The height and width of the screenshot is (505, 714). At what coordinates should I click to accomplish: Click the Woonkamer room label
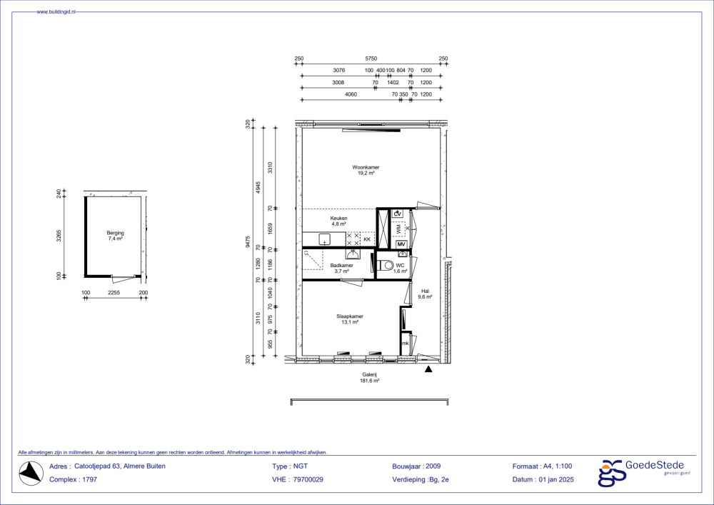click(x=366, y=167)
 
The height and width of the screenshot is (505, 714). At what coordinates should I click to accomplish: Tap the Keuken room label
click(x=338, y=218)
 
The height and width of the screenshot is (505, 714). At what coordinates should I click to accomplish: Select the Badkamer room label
click(x=341, y=266)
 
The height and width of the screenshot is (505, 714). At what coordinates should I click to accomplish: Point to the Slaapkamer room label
click(x=350, y=316)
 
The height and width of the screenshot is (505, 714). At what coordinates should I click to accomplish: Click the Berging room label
click(x=115, y=233)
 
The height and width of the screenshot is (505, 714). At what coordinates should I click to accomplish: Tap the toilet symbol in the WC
click(x=386, y=264)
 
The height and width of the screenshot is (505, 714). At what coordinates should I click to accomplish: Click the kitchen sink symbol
click(x=324, y=239)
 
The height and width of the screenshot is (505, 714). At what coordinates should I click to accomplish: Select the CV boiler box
click(x=398, y=214)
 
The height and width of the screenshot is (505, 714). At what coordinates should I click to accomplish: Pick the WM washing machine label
click(x=399, y=229)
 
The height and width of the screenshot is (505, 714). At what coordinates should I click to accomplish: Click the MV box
click(x=401, y=244)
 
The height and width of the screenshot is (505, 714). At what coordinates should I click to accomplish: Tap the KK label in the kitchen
click(x=367, y=239)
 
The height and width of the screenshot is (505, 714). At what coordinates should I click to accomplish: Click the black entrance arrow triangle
click(x=428, y=369)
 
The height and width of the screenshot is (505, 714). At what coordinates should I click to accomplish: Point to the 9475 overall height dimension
click(x=247, y=241)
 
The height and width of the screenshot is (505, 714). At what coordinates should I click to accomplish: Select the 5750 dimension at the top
click(x=371, y=59)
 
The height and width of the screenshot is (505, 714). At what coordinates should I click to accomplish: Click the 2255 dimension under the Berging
click(x=114, y=292)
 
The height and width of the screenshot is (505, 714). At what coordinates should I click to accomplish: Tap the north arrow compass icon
click(x=31, y=473)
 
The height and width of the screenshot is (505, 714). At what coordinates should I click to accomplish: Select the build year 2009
click(x=433, y=466)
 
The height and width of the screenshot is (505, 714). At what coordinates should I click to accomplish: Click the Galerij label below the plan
click(x=369, y=375)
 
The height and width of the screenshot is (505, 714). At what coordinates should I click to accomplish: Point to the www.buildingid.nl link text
click(x=56, y=12)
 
